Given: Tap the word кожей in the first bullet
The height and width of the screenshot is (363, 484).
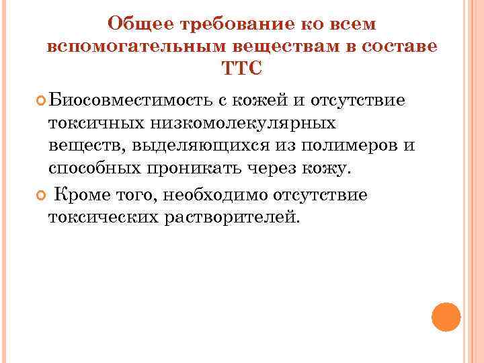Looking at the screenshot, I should [x=257, y=101].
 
